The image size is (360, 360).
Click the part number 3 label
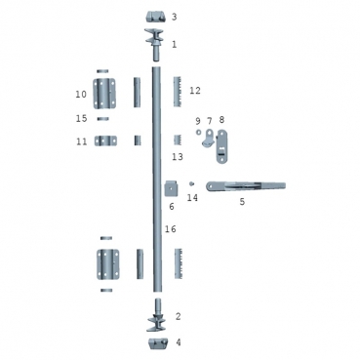[175, 17]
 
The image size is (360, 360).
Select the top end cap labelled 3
[155, 17]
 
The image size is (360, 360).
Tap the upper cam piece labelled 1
[156, 44]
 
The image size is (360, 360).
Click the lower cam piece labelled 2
[157, 315]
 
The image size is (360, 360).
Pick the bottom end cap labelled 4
[158, 343]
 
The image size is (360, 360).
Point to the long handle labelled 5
[246, 186]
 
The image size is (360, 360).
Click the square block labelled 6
[172, 188]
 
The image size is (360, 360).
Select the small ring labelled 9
[198, 132]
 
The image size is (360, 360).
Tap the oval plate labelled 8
[221, 146]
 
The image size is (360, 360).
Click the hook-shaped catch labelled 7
[208, 139]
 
